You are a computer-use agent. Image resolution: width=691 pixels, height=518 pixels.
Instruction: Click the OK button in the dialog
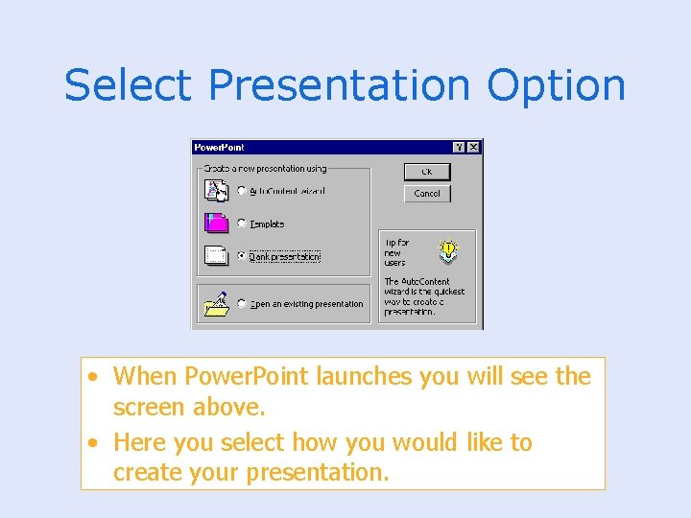(427, 172)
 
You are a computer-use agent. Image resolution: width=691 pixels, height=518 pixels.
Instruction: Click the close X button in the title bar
(473, 147)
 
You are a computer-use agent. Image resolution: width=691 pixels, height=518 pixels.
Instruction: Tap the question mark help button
(459, 147)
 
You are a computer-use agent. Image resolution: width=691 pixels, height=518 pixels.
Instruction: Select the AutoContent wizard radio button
(241, 191)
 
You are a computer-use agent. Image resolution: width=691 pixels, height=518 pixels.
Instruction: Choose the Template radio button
(241, 224)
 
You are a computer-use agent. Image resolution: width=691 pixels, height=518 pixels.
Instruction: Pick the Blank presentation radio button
(241, 256)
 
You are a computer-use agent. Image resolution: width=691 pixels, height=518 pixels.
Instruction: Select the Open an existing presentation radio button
(241, 303)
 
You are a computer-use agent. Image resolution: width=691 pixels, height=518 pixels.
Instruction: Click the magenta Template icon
(217, 223)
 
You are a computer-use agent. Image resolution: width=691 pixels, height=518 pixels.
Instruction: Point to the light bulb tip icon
(448, 251)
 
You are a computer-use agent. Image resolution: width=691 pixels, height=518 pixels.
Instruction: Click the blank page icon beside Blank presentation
(217, 256)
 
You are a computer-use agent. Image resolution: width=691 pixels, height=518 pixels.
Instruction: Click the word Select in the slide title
(130, 85)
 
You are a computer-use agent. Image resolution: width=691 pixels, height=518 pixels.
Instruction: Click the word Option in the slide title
(556, 85)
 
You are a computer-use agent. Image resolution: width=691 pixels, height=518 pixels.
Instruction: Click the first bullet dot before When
(90, 377)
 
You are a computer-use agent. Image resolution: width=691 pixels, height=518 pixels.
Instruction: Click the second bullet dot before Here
(90, 443)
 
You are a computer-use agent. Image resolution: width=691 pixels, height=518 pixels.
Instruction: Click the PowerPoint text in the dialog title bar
(219, 147)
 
